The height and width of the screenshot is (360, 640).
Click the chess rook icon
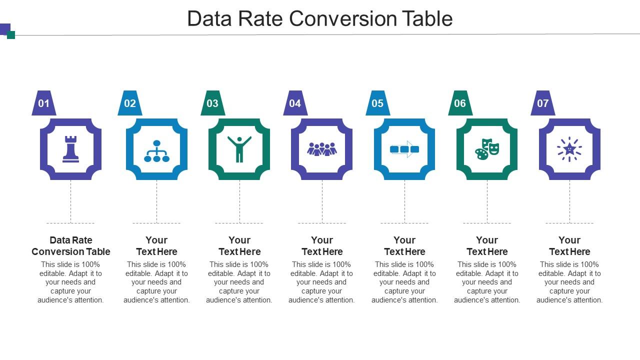70,149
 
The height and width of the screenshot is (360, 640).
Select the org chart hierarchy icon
156,151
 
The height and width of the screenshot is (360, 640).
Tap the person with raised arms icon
239,149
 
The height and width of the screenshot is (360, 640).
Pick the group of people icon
322,149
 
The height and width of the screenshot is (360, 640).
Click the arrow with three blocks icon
404,149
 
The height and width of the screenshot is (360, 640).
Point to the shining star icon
569,149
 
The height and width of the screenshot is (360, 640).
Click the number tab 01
44,103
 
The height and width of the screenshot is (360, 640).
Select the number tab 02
130,103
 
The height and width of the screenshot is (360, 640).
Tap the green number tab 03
212,103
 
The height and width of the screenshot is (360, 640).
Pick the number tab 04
295,103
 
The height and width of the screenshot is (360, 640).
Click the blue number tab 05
377,103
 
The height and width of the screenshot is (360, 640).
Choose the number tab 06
460,103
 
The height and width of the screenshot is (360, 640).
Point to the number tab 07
542,103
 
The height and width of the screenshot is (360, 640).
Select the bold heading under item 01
70,246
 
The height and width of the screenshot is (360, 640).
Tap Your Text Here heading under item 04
322,246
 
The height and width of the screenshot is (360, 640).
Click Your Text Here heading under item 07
569,246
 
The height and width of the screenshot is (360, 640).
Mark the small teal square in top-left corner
11,35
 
